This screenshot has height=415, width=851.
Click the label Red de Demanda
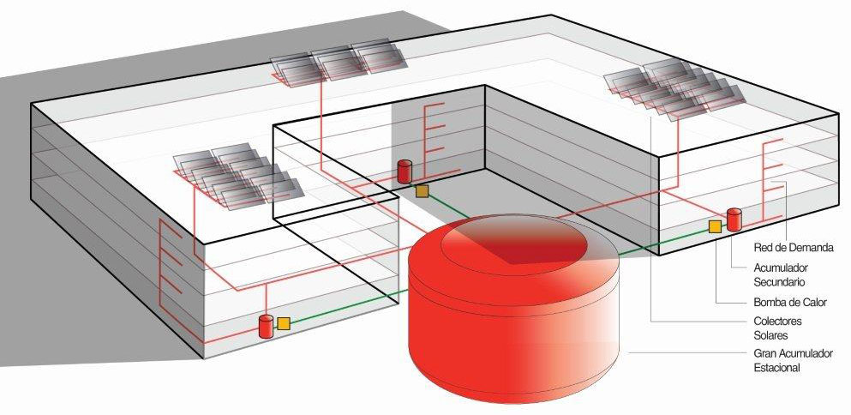pyautogui.click(x=793, y=248)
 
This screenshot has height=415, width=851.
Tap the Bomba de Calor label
pyautogui.click(x=790, y=302)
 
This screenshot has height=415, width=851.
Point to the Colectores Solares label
pyautogui.click(x=778, y=328)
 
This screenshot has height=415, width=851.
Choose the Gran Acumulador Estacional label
pyautogui.click(x=793, y=360)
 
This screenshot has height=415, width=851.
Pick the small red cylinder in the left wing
pyautogui.click(x=266, y=326)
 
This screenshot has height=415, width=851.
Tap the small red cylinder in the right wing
pyautogui.click(x=734, y=220)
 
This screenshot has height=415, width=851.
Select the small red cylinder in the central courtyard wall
pyautogui.click(x=405, y=171)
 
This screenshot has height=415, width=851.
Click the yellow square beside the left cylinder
pyautogui.click(x=284, y=324)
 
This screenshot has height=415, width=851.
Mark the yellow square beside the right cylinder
pyautogui.click(x=716, y=226)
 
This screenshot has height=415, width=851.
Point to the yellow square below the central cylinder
pyautogui.click(x=422, y=191)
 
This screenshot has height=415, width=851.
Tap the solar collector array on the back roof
pyautogui.click(x=339, y=63)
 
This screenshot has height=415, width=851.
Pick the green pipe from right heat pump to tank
pyautogui.click(x=664, y=241)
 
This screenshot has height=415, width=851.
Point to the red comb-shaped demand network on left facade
pyautogui.click(x=170, y=263)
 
